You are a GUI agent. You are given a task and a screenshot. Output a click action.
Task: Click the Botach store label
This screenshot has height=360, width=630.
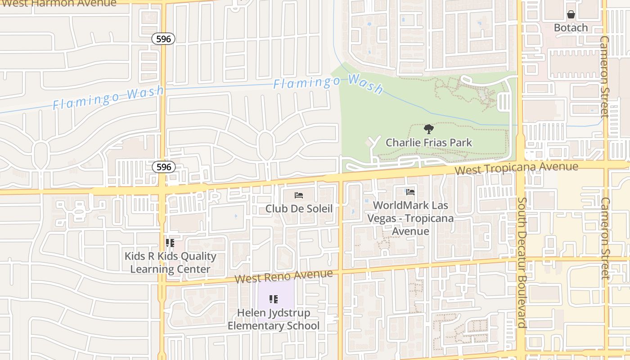point(571,27)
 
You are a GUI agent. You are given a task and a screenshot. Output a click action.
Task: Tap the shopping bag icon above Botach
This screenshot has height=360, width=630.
point(571,14)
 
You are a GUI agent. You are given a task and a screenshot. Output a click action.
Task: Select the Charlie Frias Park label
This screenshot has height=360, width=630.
point(428,143)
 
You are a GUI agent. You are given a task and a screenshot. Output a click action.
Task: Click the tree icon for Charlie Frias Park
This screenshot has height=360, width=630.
point(428,130)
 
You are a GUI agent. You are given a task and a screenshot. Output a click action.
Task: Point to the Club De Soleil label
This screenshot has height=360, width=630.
point(299,208)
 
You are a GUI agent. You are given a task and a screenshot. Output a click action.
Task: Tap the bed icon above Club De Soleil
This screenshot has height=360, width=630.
point(299,195)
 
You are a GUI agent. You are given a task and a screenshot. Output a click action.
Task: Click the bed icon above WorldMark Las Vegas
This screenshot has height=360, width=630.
point(410,192)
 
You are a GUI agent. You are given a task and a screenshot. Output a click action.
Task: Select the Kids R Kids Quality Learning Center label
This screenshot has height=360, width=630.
point(170,262)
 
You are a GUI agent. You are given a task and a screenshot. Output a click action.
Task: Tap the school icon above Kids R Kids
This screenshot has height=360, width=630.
point(170,243)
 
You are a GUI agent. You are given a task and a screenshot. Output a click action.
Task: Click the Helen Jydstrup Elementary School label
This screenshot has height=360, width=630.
point(274,319)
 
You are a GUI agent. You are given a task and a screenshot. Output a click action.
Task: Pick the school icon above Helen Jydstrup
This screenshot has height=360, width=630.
point(274,299)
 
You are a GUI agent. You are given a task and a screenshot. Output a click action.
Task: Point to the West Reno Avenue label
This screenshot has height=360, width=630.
point(283,276)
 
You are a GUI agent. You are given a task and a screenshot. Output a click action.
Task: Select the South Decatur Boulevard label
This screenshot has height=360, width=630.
point(522,262)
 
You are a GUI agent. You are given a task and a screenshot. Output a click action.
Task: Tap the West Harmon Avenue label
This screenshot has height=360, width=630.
point(58,4)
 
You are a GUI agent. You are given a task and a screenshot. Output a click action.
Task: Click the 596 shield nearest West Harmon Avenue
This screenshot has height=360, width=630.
point(163,39)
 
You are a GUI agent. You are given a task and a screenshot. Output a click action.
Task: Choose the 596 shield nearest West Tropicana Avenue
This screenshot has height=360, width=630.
point(163,167)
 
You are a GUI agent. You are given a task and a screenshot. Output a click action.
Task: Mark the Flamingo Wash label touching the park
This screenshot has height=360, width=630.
point(328,83)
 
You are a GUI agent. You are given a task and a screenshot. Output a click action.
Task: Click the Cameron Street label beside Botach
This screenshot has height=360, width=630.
point(604,76)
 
